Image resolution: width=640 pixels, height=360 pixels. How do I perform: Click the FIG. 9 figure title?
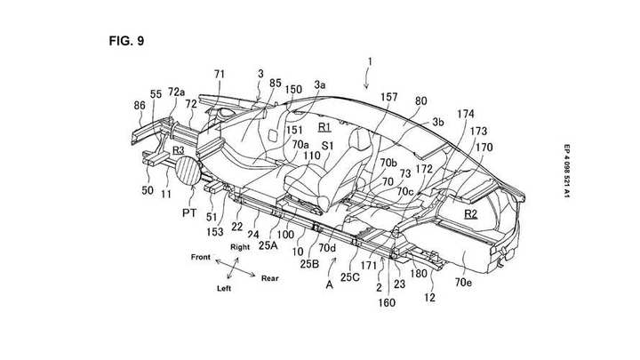(126, 41)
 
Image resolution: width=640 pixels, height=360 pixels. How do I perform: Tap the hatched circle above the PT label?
(188, 171)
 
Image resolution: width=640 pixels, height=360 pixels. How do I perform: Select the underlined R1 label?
(324, 127)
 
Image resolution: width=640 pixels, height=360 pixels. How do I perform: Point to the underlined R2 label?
(470, 214)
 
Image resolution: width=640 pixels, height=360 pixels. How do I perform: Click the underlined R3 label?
(179, 150)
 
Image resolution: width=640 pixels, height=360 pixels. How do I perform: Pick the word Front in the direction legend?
(201, 257)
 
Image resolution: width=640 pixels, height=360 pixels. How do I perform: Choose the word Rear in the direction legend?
(270, 278)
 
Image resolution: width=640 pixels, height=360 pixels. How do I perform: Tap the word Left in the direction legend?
(224, 289)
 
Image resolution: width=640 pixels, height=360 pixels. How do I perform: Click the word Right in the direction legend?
(240, 247)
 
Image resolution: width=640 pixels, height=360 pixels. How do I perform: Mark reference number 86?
(140, 105)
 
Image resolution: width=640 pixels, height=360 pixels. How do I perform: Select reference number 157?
(389, 97)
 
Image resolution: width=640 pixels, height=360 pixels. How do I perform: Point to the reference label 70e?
(463, 282)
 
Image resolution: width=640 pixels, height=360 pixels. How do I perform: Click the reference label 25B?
(309, 264)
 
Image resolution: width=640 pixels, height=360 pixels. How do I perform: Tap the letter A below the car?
(330, 285)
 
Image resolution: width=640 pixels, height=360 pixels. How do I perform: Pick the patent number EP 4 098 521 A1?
(566, 172)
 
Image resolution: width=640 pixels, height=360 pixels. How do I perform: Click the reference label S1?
(328, 146)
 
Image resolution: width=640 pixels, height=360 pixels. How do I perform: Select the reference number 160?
(387, 302)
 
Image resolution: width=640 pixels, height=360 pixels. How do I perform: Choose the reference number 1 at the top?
(370, 61)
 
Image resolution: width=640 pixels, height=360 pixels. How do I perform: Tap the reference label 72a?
(176, 92)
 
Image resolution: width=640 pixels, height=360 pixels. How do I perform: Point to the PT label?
(189, 212)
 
